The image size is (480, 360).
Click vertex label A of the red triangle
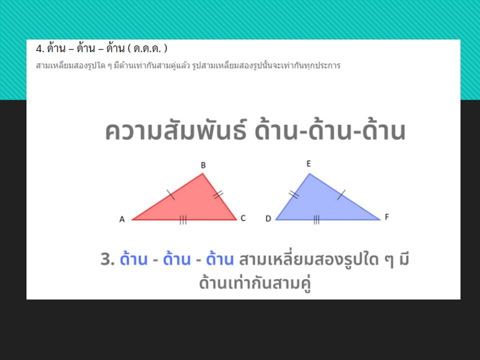pyautogui.click(x=122, y=219)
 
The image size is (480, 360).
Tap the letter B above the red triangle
pyautogui.click(x=203, y=165)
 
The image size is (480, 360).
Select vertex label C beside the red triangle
pyautogui.click(x=243, y=218)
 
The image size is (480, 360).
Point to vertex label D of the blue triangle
pyautogui.click(x=268, y=218)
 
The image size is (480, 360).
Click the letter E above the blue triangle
pyautogui.click(x=308, y=164)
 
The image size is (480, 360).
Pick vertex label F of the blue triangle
pyautogui.click(x=386, y=217)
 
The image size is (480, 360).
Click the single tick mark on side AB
pyautogui.click(x=171, y=194)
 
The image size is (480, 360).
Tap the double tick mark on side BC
pyautogui.click(x=218, y=194)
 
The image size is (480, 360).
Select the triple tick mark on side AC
pyautogui.click(x=183, y=219)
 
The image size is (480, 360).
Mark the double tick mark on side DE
pyautogui.click(x=294, y=194)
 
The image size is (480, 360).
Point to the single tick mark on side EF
pyautogui.click(x=341, y=194)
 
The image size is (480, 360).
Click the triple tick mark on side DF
pyautogui.click(x=316, y=219)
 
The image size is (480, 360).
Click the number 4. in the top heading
pyautogui.click(x=40, y=48)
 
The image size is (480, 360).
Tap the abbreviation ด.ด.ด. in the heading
pyautogui.click(x=147, y=48)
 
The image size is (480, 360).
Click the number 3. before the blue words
pyautogui.click(x=107, y=259)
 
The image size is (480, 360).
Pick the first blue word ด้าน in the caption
pyautogui.click(x=133, y=258)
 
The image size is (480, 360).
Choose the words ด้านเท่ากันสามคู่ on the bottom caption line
pyautogui.click(x=255, y=282)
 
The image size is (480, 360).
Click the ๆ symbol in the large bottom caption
pyautogui.click(x=389, y=260)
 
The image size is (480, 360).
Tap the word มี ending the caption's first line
pyautogui.click(x=404, y=258)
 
